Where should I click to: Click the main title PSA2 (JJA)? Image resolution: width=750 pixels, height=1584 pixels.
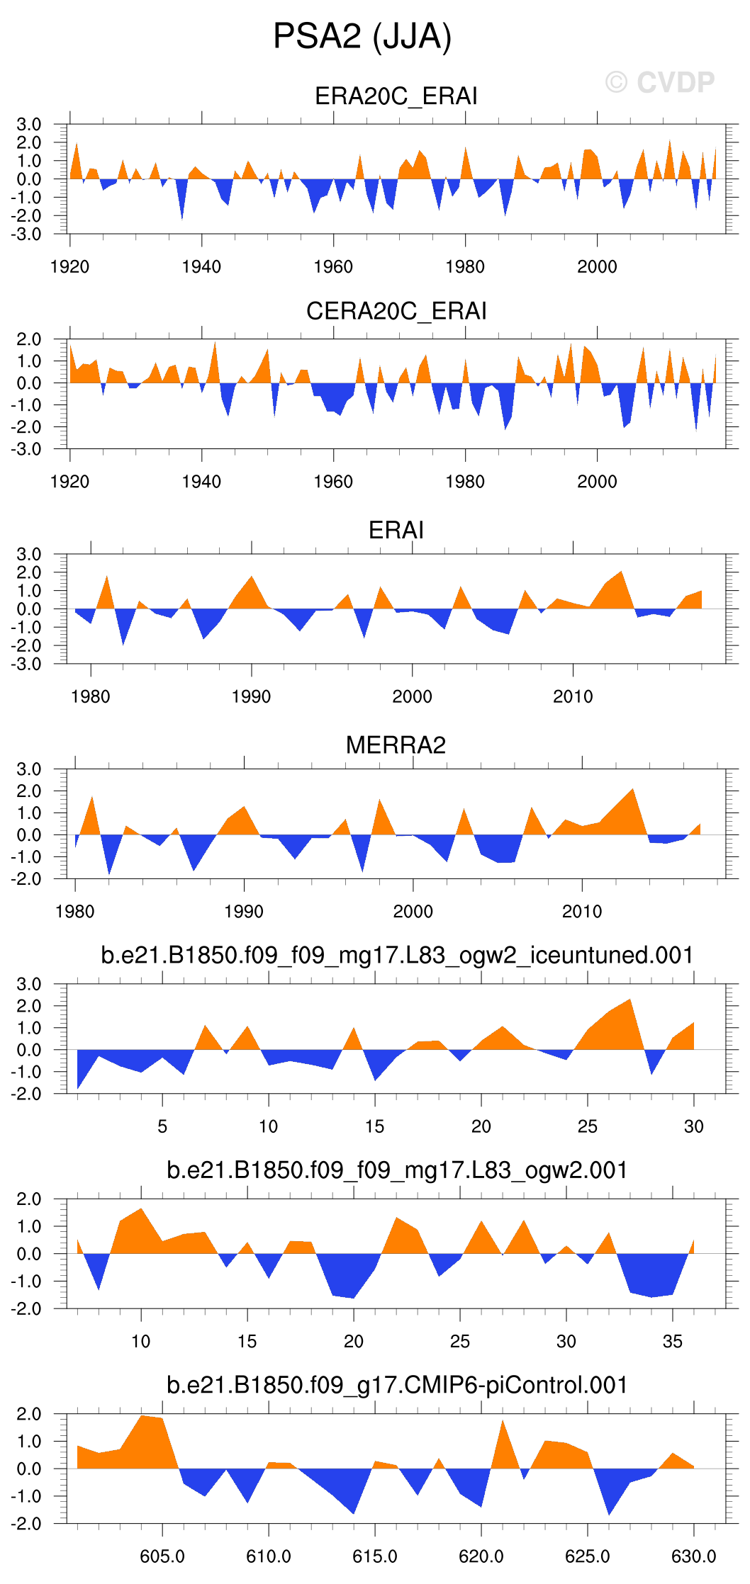pyautogui.click(x=362, y=37)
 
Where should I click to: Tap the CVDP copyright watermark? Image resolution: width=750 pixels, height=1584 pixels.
pyautogui.click(x=660, y=83)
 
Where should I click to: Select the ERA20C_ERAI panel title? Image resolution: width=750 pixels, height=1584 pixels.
pyautogui.click(x=396, y=96)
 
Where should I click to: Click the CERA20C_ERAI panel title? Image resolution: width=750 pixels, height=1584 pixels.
pyautogui.click(x=396, y=311)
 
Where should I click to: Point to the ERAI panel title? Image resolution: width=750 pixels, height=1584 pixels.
pyautogui.click(x=396, y=530)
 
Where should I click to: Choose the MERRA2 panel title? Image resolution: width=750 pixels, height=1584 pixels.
pyautogui.click(x=396, y=745)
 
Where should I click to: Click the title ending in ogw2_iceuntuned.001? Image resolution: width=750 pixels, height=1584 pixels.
pyautogui.click(x=397, y=955)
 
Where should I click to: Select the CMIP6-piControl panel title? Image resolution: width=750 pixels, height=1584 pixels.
pyautogui.click(x=397, y=1385)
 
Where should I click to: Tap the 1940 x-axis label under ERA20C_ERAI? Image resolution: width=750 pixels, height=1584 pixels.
pyautogui.click(x=201, y=267)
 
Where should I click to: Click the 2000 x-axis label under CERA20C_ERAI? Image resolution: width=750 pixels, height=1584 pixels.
pyautogui.click(x=597, y=482)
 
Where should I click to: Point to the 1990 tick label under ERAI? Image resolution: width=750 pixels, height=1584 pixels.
pyautogui.click(x=251, y=697)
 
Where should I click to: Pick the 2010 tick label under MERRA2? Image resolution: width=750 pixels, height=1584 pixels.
pyautogui.click(x=582, y=912)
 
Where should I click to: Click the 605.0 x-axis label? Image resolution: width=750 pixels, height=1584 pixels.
pyautogui.click(x=162, y=1556)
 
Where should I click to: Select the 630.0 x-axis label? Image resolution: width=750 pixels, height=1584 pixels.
pyautogui.click(x=693, y=1556)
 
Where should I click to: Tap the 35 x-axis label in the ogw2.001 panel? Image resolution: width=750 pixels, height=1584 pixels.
pyautogui.click(x=672, y=1341)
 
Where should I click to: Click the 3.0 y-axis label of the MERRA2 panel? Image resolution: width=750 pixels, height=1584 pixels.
pyautogui.click(x=29, y=769)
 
